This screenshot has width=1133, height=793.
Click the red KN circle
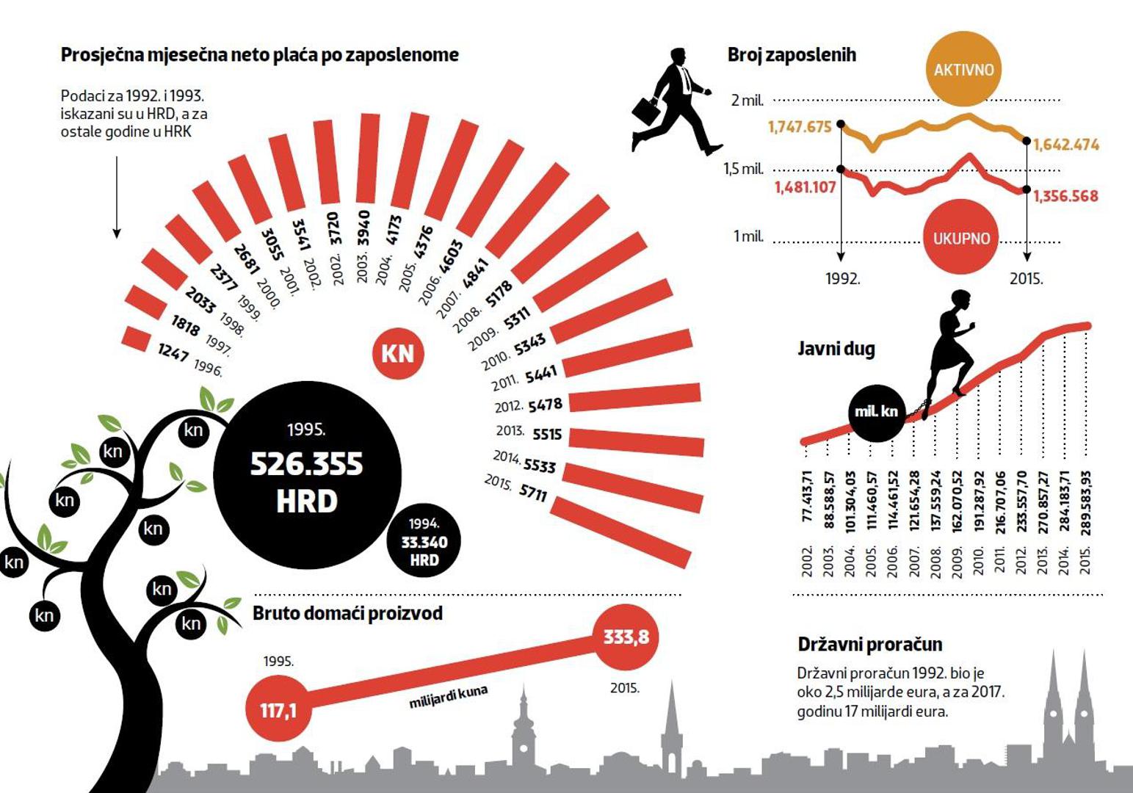tap(397, 354)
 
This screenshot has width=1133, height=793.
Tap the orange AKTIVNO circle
tap(963, 70)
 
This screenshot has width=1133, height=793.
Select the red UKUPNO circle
tap(960, 238)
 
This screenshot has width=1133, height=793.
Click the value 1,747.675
tap(800, 127)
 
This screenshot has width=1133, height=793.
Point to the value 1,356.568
tap(1065, 196)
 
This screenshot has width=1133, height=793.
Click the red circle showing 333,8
tap(626, 637)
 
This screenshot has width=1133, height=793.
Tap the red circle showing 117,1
tap(278, 710)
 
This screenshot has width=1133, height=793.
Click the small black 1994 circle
tap(424, 542)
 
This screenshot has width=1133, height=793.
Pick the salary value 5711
tap(533, 491)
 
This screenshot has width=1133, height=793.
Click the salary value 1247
tap(173, 352)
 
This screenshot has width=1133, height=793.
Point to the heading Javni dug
tap(836, 349)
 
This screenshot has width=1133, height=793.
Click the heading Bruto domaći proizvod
tap(347, 613)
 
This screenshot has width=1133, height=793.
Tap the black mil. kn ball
tap(876, 411)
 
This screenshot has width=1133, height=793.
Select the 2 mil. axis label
tap(747, 100)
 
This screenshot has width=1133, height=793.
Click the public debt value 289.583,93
tap(1086, 503)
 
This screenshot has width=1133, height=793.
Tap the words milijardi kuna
tap(448, 698)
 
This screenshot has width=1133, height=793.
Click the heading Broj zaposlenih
tap(792, 55)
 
